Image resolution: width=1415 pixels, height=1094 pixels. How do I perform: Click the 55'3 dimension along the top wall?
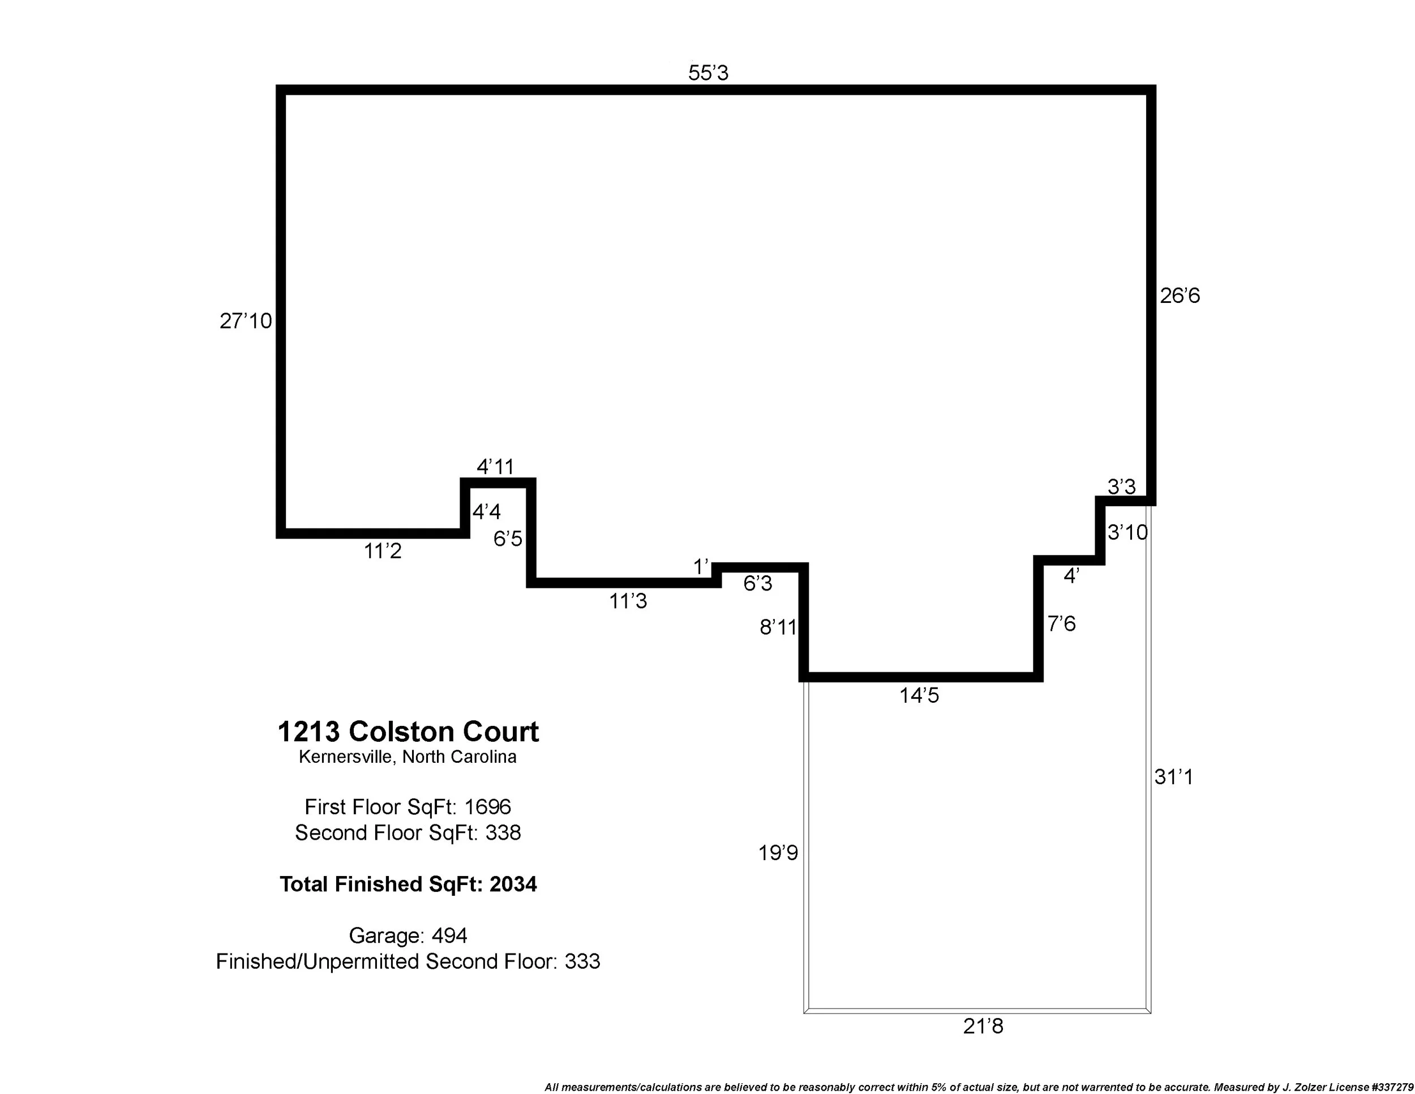(708, 73)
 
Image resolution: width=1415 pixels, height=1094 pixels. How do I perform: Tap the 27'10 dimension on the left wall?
(246, 321)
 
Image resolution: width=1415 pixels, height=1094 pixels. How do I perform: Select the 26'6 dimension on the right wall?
(1180, 296)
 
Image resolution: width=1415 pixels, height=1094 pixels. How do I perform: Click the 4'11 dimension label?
(495, 467)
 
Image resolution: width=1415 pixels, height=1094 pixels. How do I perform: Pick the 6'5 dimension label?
(507, 539)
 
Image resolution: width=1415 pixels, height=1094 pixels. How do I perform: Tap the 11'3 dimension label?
(628, 602)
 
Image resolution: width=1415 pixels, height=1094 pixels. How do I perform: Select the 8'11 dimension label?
(778, 627)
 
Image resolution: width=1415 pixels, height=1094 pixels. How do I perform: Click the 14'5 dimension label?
(919, 696)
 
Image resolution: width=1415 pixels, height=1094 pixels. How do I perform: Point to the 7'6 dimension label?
(1061, 624)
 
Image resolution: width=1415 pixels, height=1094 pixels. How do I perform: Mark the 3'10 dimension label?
(1127, 533)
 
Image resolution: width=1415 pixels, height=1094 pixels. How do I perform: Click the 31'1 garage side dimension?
(1173, 777)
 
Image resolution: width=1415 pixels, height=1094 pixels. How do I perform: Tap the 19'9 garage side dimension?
(778, 853)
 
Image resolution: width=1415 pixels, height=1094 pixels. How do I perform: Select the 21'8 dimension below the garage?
(983, 1027)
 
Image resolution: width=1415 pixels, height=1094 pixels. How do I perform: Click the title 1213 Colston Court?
(408, 732)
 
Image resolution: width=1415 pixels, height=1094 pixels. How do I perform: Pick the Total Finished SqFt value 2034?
(513, 884)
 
